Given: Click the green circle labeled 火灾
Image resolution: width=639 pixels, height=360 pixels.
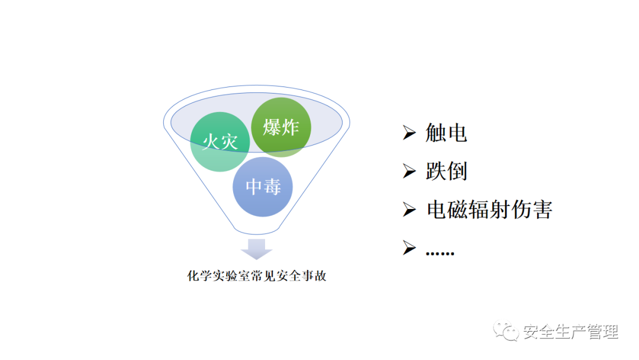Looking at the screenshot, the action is click(220, 142).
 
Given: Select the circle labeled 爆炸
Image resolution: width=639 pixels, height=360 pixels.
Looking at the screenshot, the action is click(281, 127).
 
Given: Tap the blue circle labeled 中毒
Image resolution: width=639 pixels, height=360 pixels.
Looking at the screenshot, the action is click(263, 187).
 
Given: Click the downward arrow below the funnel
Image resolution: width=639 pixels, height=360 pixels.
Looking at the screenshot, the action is click(256, 248).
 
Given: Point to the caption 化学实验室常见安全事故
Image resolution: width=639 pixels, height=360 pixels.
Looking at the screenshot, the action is click(257, 276).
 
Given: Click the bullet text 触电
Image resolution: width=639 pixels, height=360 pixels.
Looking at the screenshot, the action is click(446, 133).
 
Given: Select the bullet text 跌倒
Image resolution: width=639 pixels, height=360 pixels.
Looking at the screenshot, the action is click(446, 171).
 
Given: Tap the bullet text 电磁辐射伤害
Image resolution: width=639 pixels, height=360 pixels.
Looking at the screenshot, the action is click(489, 210).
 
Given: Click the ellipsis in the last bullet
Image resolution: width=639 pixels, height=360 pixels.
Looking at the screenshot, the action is click(440, 251).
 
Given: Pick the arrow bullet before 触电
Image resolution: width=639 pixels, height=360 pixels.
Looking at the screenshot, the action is click(409, 133).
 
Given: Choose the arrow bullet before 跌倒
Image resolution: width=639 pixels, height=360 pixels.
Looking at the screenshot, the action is click(409, 171).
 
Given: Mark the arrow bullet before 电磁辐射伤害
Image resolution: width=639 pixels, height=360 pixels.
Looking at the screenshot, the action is click(409, 210).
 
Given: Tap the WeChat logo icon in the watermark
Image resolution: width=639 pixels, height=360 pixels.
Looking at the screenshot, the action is click(507, 331).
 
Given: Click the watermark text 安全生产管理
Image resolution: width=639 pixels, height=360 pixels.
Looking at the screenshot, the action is click(570, 332).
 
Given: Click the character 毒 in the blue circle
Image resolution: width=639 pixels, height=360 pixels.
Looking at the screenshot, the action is click(272, 187).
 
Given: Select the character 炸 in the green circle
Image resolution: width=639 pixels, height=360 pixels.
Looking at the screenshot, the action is click(290, 127).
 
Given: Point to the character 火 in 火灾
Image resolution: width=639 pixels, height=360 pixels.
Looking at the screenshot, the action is click(211, 142).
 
